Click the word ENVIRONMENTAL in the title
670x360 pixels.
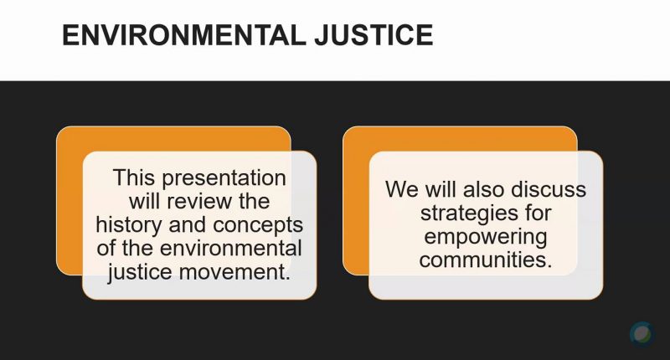point(184,35)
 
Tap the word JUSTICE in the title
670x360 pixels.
point(374,35)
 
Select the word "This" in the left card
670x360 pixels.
point(134,177)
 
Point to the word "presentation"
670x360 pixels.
point(224,178)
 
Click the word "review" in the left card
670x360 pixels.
point(199,201)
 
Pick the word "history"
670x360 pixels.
point(129,225)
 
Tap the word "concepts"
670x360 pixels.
point(258,226)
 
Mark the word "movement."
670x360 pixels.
point(234,272)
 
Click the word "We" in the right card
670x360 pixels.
point(402,189)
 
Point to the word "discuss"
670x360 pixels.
point(549,188)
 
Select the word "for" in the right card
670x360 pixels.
point(538,213)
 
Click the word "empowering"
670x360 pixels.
point(486,238)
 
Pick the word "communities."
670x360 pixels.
point(486,260)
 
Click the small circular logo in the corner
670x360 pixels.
point(642,334)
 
